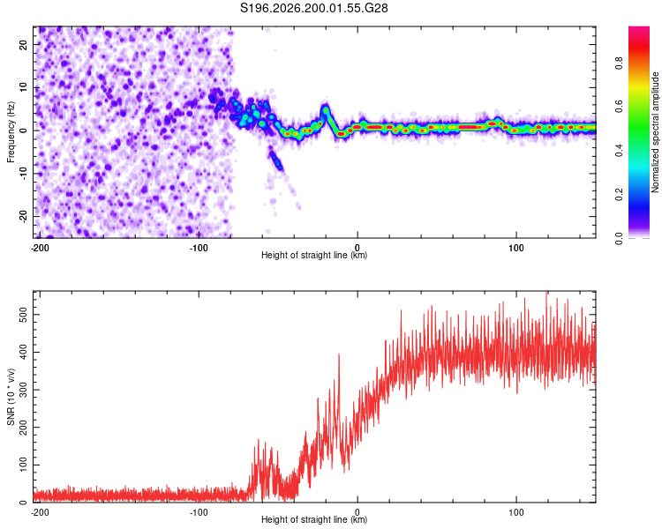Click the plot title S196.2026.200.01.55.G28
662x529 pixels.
pos(313,8)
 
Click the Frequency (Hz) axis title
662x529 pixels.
pos(11,132)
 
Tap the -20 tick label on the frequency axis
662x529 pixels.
pos(24,216)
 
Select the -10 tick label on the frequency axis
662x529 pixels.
pos(24,173)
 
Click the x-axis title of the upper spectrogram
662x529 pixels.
pos(314,255)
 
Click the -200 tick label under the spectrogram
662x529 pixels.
pos(40,248)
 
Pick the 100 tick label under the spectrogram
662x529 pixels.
pos(516,248)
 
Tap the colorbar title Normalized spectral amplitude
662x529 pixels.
pos(655,132)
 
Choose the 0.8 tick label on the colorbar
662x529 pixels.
pos(619,63)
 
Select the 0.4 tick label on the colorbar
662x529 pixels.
pos(619,151)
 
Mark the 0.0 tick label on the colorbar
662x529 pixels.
pos(619,238)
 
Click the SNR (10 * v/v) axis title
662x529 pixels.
pos(11,397)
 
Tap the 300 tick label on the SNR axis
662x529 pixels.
pos(24,390)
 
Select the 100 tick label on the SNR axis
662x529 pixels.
pos(24,465)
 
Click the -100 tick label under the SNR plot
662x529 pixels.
pos(199,512)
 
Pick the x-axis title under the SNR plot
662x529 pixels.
pos(314,519)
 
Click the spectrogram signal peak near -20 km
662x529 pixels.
pos(326,110)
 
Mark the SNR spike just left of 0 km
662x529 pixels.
pos(339,355)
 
